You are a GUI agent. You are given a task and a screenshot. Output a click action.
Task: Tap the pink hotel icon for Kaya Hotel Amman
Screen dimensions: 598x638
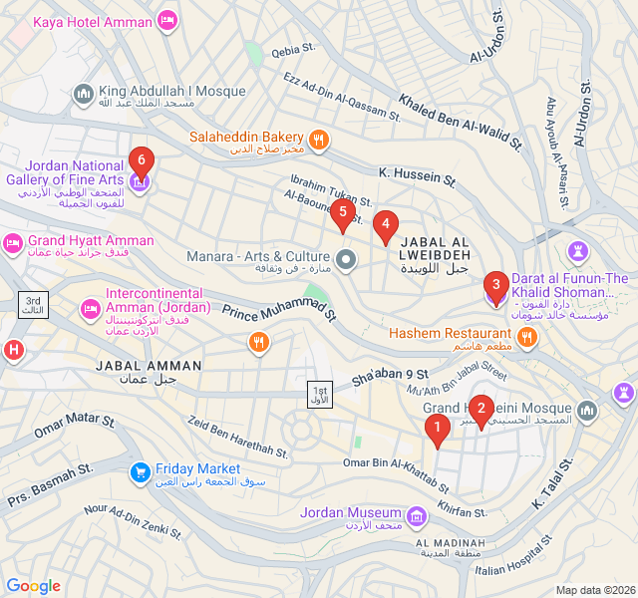pyautogui.click(x=166, y=21)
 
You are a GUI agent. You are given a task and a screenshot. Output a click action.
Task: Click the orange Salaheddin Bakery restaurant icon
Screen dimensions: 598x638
pyautogui.click(x=319, y=140)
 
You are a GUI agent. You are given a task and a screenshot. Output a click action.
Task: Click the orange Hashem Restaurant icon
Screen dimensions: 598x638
pyautogui.click(x=527, y=337)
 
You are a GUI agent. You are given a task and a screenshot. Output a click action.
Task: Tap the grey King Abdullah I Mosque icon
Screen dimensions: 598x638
pyautogui.click(x=83, y=95)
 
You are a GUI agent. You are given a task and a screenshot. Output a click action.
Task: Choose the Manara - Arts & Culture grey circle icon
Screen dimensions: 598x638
pyautogui.click(x=346, y=261)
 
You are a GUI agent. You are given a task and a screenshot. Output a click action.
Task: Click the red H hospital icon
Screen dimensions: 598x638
pyautogui.click(x=13, y=350)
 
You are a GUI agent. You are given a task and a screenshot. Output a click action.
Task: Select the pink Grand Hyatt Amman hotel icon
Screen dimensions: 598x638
pyautogui.click(x=13, y=242)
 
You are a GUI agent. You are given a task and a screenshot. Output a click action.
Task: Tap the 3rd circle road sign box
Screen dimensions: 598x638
pyautogui.click(x=34, y=306)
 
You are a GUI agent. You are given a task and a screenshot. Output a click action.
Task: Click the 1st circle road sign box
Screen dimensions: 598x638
pyautogui.click(x=319, y=394)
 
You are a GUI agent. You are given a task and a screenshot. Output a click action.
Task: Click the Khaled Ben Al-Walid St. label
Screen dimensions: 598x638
pyautogui.click(x=461, y=121)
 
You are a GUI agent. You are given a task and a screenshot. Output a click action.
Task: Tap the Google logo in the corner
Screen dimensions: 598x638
pyautogui.click(x=34, y=586)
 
